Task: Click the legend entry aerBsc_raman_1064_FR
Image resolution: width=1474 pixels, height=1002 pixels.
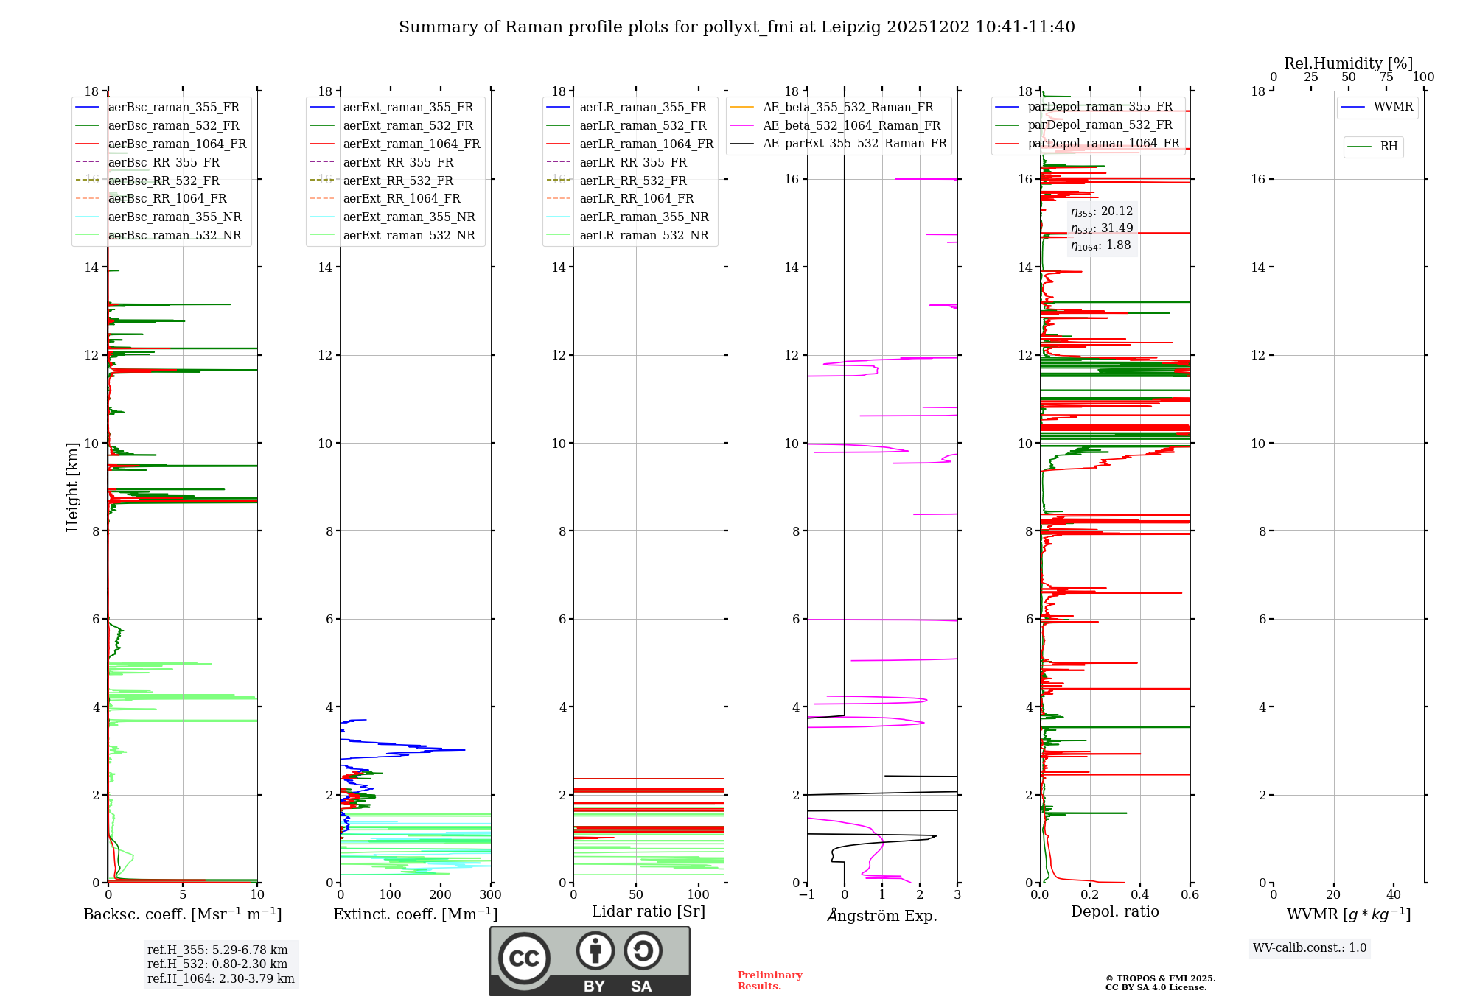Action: coord(177,144)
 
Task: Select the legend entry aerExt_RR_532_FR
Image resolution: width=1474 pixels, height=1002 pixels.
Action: coord(398,181)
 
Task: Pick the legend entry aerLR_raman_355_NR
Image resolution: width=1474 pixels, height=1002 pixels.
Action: coord(643,217)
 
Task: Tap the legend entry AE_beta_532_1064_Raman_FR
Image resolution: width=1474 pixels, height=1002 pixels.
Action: coord(851,126)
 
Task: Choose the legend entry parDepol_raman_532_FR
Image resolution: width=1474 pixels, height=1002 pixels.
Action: coord(1100,125)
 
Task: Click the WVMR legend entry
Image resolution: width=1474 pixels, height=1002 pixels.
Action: coord(1393,107)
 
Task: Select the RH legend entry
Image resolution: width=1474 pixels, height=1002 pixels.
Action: coord(1389,147)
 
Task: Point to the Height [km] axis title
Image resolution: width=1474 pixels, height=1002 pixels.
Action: coord(72,487)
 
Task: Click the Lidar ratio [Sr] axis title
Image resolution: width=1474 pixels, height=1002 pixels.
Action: coord(649,912)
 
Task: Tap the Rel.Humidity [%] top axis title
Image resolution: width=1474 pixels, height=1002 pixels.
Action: coord(1348,63)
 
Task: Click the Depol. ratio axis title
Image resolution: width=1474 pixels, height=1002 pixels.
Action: coord(1114,912)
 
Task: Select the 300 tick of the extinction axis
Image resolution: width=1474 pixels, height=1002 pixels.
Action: coord(490,895)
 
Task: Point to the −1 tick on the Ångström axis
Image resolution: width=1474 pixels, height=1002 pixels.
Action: coord(807,895)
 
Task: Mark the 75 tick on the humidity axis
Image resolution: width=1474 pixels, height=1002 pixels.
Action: coord(1386,77)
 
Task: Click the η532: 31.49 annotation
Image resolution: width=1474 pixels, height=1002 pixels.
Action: coord(1102,228)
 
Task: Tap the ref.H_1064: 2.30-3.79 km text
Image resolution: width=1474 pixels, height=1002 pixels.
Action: coord(220,979)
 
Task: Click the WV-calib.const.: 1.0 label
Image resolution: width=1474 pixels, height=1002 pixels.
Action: coord(1310,948)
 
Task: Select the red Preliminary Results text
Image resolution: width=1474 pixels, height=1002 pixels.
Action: coord(769,981)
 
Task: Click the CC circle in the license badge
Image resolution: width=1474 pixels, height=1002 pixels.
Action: coord(524,959)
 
